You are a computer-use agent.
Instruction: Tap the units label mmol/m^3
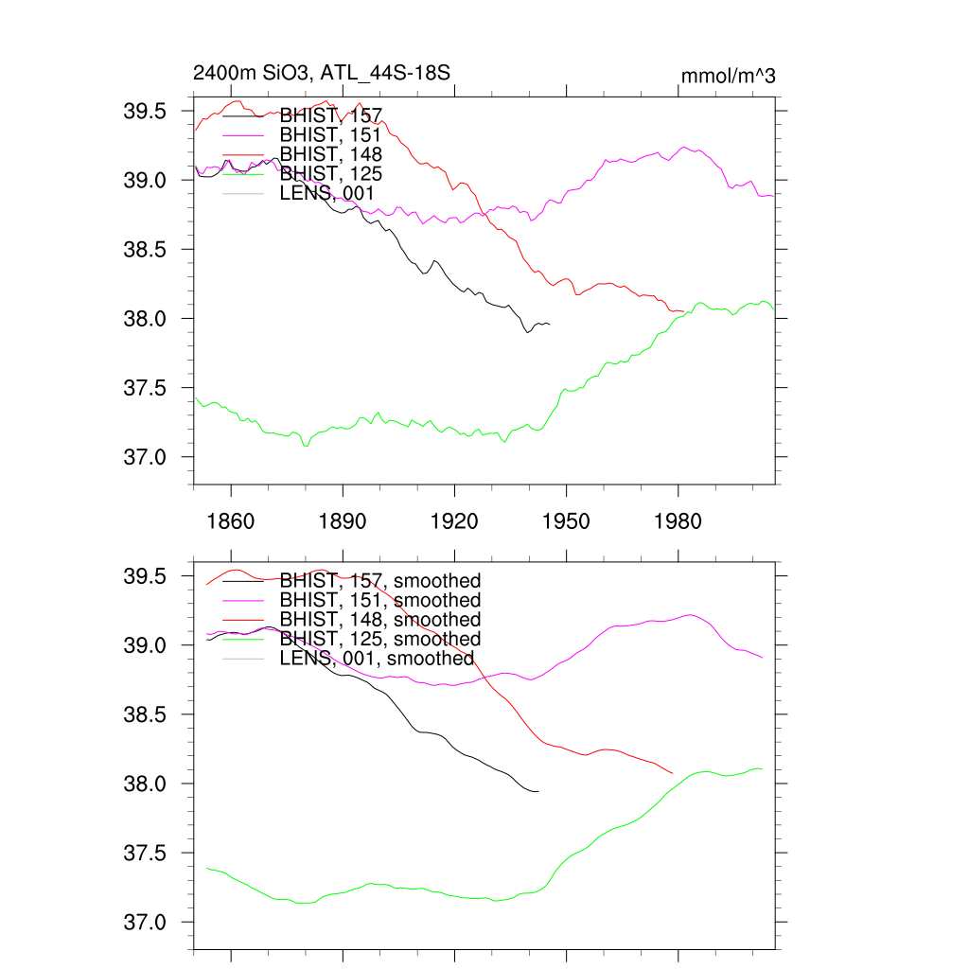coord(729,76)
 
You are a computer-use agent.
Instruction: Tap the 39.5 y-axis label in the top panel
coord(145,112)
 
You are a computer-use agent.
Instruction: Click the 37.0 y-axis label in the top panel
coord(145,458)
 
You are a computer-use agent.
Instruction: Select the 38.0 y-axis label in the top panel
coord(145,319)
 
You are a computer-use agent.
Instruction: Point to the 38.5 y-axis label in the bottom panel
coord(145,715)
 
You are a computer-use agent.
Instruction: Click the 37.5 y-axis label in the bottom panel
coord(145,854)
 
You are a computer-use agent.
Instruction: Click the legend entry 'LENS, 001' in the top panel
coord(327,193)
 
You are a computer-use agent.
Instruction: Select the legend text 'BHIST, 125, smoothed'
coord(380,639)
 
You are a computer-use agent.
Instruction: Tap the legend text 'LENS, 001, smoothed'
coord(377,659)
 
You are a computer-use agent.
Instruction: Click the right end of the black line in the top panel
coord(550,325)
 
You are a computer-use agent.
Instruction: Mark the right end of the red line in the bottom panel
coord(672,773)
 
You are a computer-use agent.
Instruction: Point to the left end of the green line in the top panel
coord(195,398)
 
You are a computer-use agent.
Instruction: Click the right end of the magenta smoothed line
coord(763,657)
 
